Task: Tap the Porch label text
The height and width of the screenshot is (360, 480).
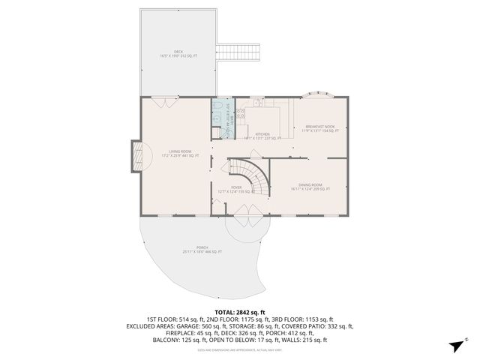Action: coord(202,250)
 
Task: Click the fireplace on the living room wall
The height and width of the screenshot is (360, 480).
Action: coord(136,157)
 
